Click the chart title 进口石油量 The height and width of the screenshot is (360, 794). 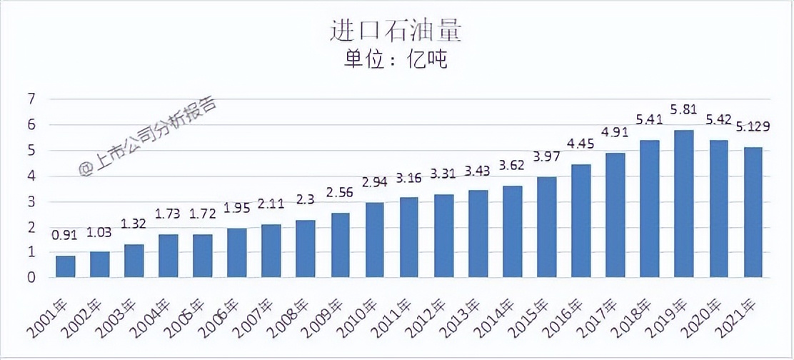point(396,31)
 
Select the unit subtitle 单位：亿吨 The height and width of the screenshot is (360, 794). point(396,61)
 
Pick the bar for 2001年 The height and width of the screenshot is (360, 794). point(65,266)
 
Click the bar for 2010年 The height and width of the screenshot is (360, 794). point(375,240)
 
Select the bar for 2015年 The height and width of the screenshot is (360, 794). point(547,227)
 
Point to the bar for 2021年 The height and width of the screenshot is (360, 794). point(753,212)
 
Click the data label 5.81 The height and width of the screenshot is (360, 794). point(684,111)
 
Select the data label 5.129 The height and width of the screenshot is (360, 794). point(753,126)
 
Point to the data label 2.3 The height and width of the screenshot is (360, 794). point(306,200)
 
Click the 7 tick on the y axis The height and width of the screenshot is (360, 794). point(31,99)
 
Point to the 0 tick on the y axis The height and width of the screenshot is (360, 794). point(31,277)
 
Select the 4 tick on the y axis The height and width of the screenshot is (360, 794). point(31,176)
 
